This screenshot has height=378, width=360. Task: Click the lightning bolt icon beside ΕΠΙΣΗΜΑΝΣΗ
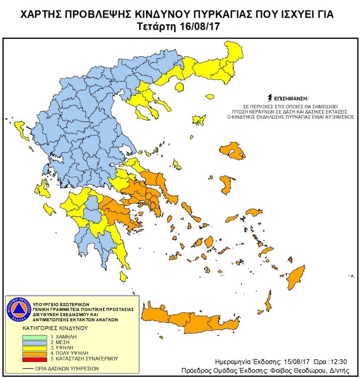tap(271, 98)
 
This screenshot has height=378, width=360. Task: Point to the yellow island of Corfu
tap(19, 128)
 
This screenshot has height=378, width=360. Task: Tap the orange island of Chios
tap(226, 185)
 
